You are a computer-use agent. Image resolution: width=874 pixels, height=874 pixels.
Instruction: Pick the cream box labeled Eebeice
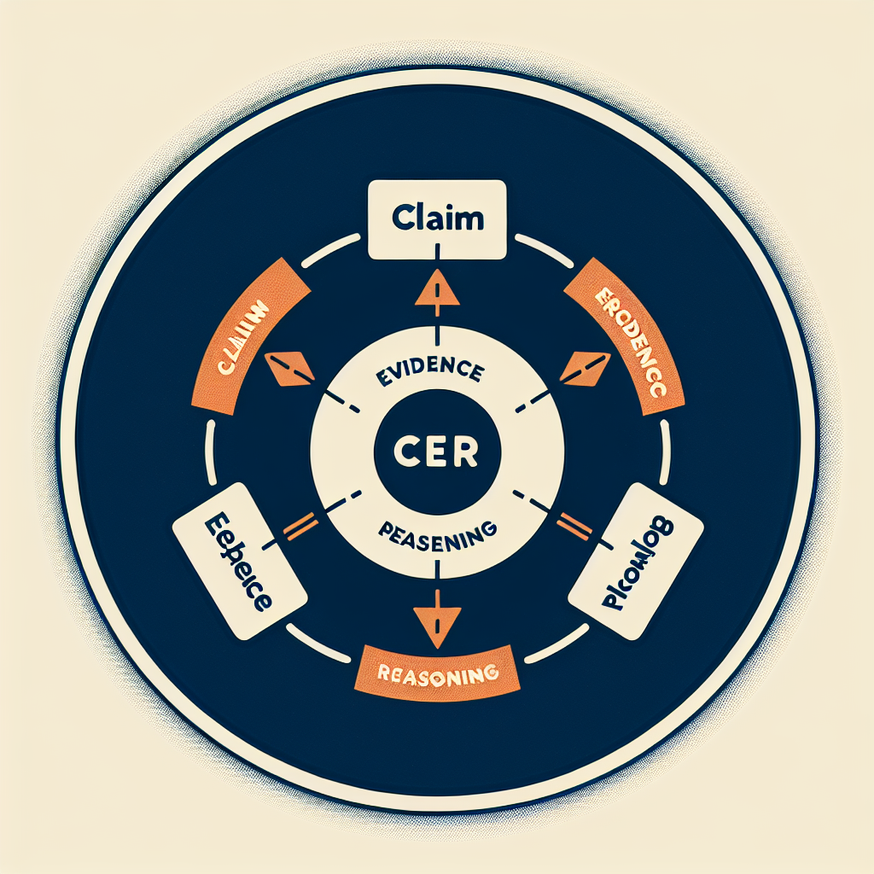(x=239, y=562)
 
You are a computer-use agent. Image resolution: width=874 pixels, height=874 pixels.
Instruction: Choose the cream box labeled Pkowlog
(x=635, y=562)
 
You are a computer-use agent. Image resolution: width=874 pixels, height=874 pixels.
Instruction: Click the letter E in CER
(x=436, y=453)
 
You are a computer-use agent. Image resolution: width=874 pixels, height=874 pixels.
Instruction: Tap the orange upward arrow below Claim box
(x=437, y=291)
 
